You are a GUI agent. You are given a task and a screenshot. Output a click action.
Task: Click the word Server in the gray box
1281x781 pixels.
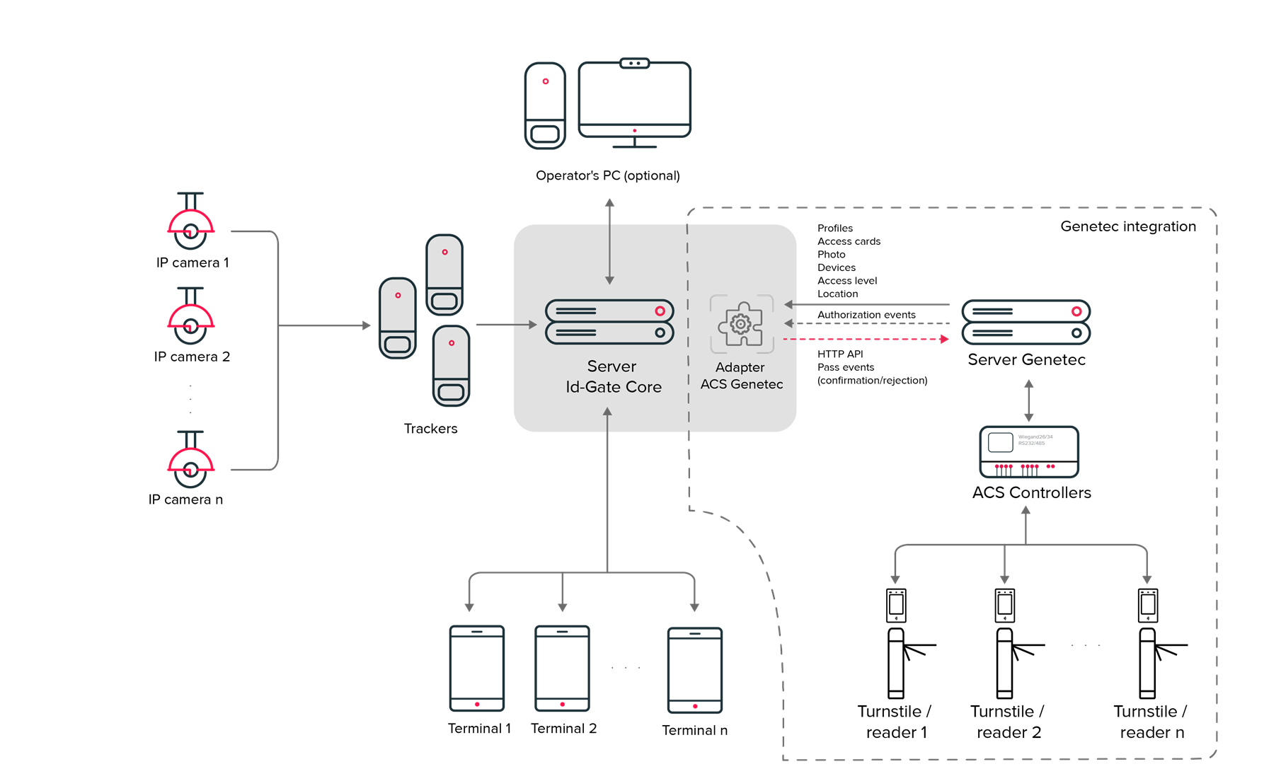611,366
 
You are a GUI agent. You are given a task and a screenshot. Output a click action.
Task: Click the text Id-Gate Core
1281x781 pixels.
614,387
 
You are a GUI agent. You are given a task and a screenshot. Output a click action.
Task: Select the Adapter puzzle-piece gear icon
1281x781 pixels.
741,324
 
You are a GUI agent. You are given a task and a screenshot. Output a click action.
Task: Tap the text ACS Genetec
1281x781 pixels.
742,384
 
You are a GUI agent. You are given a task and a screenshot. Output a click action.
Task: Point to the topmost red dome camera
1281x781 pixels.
190,224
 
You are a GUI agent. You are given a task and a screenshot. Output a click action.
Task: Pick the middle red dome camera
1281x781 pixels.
190,318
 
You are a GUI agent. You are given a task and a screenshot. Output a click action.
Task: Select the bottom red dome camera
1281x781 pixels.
190,462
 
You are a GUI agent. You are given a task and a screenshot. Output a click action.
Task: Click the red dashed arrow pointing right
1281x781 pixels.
867,340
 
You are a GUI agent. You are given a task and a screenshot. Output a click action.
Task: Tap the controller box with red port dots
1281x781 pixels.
1029,452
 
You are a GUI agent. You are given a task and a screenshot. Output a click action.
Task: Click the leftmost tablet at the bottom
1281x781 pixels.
477,668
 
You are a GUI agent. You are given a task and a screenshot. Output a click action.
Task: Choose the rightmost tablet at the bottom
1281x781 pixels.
695,670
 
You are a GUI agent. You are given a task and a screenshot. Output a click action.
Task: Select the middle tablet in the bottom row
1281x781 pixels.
563,668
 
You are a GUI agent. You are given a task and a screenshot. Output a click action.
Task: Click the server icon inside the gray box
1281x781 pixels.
609,322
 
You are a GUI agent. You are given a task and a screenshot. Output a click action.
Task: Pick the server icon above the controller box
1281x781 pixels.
1026,322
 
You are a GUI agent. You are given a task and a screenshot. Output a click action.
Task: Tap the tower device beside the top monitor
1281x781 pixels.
545,105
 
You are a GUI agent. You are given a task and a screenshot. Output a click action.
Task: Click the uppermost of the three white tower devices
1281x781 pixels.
444,274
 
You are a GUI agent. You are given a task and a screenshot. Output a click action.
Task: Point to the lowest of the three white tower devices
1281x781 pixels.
451,365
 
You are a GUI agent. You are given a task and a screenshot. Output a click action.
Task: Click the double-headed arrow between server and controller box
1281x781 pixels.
1029,401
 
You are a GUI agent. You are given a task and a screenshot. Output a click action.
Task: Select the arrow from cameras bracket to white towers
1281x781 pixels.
326,325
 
